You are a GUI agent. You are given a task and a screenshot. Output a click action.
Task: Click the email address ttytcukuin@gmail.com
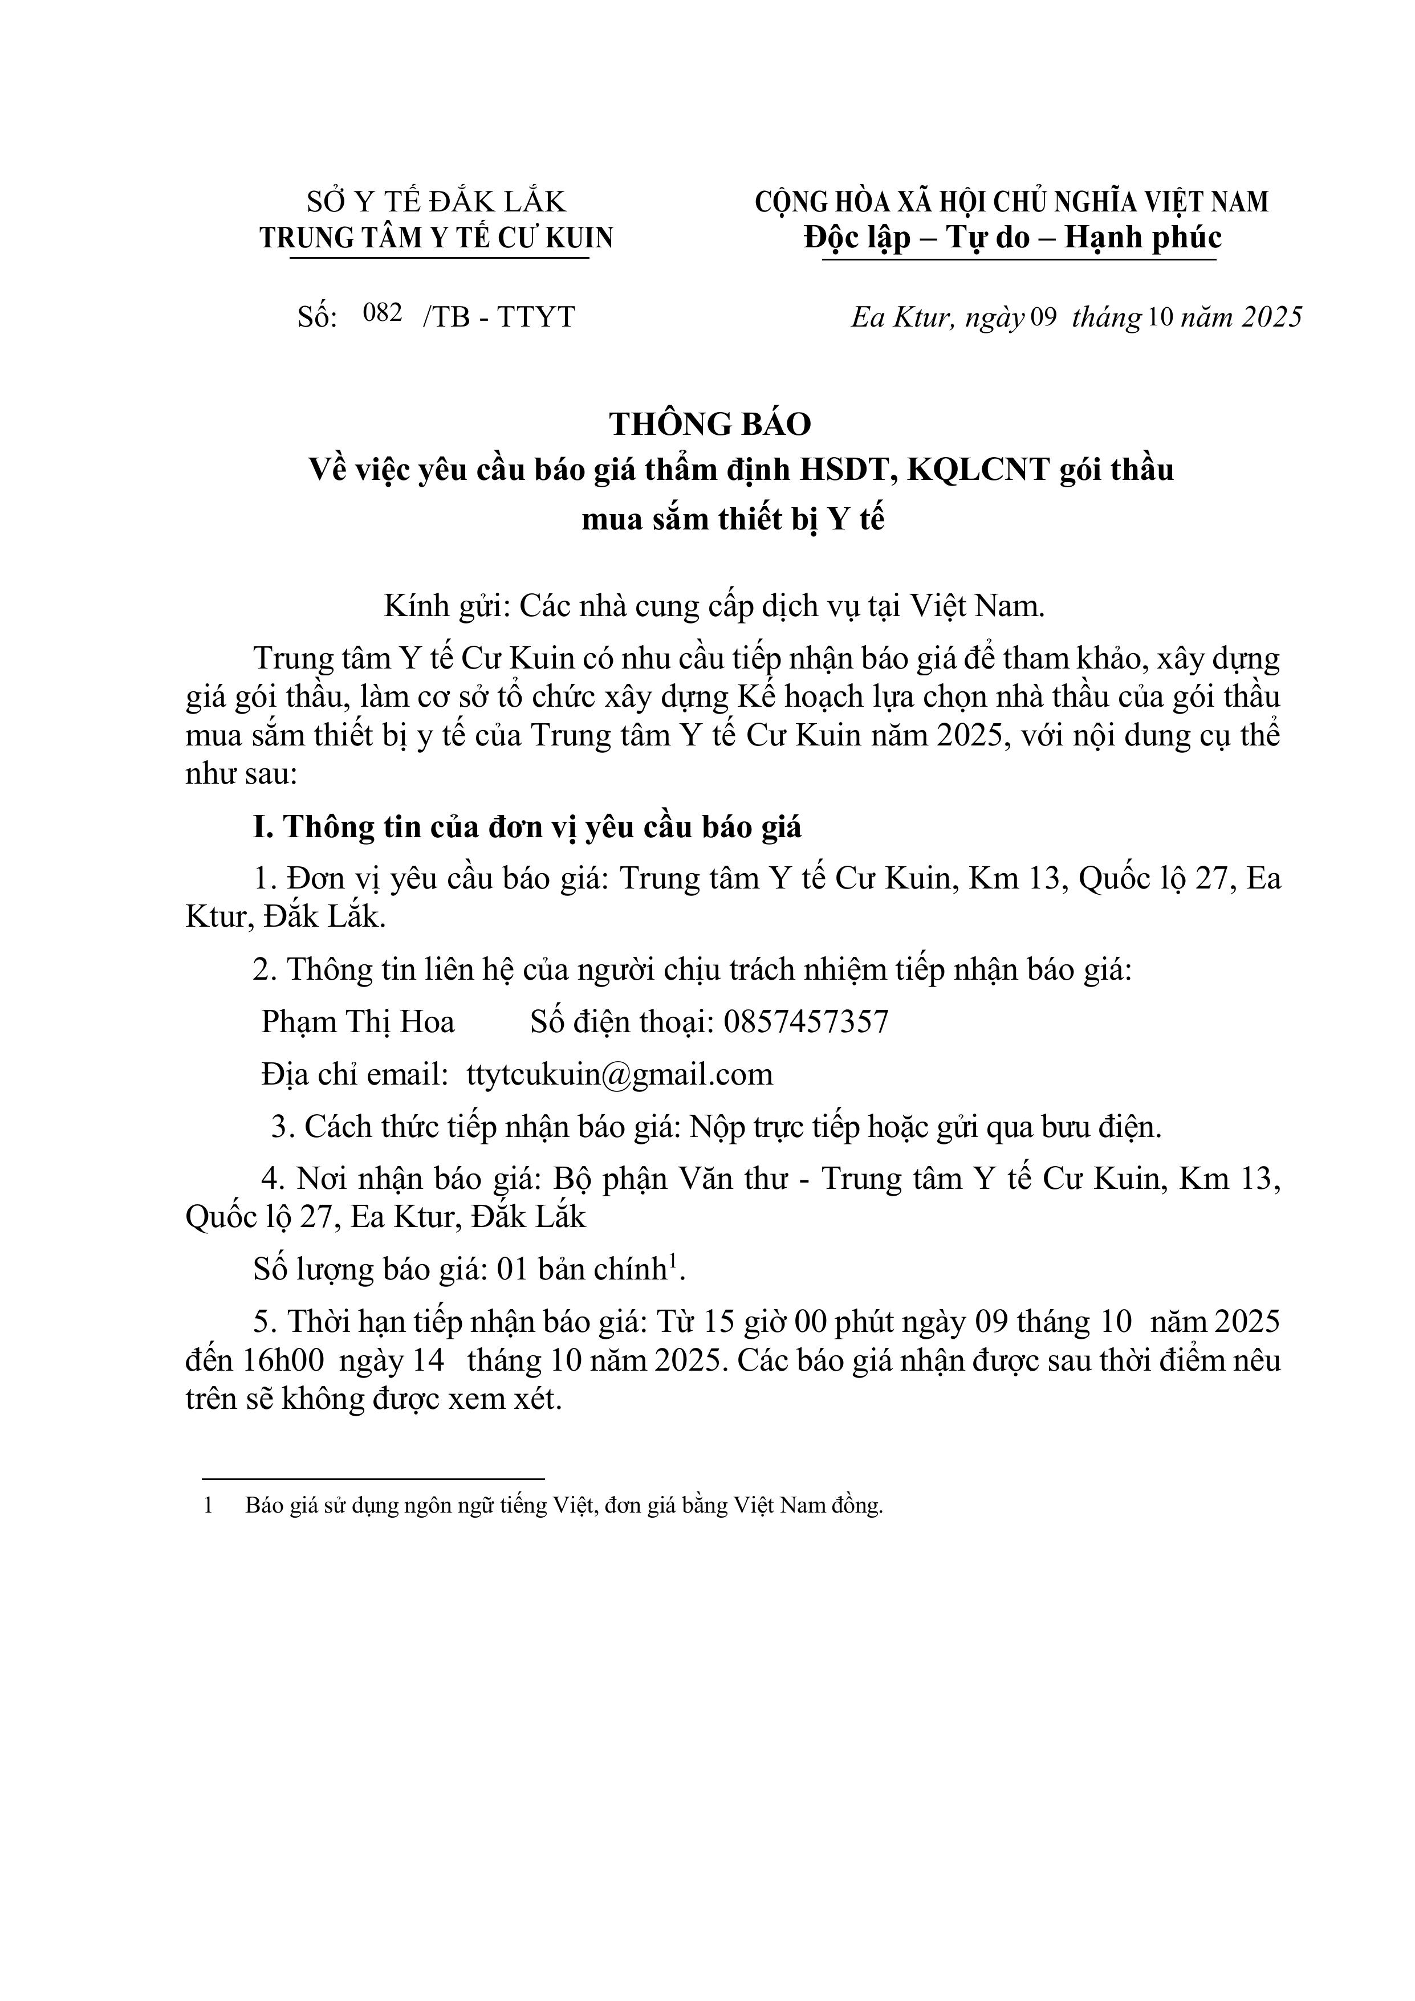point(620,1074)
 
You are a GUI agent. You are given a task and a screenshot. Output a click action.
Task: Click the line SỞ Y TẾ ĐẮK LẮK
point(436,202)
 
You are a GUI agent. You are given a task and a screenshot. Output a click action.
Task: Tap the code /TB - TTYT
point(499,316)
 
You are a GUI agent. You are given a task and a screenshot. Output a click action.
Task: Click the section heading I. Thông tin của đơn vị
point(527,826)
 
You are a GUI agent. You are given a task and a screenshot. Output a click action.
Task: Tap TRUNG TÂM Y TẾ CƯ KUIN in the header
point(436,238)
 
